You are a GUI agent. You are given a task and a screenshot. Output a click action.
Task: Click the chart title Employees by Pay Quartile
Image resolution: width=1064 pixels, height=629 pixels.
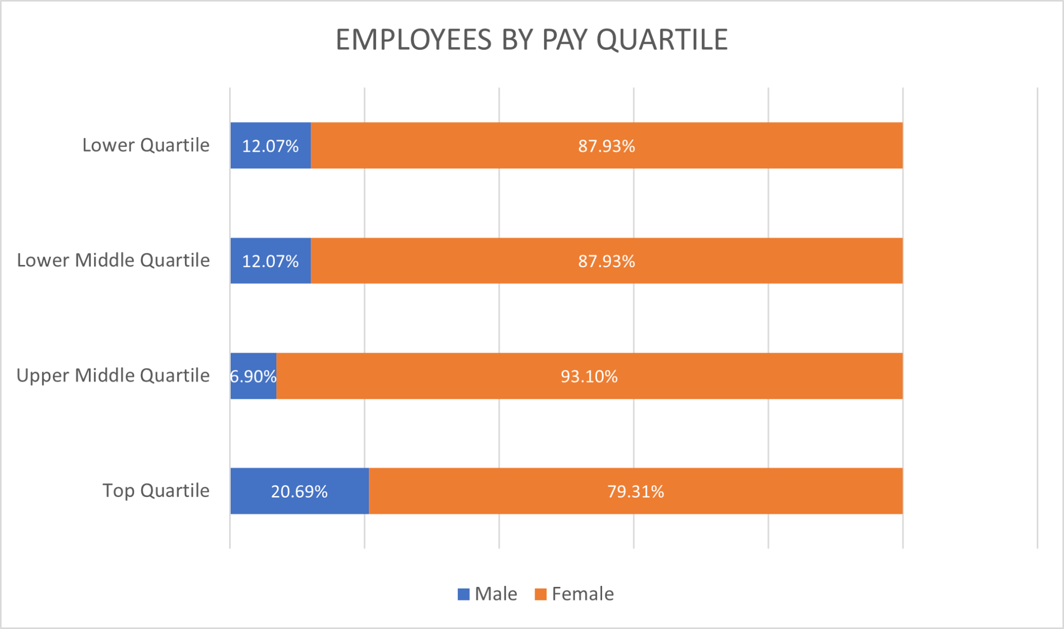click(x=531, y=39)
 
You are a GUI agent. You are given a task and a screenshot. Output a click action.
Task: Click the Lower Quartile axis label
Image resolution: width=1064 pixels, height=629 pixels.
click(x=146, y=145)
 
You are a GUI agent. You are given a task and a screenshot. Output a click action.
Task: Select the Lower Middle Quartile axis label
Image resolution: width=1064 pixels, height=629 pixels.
click(x=113, y=260)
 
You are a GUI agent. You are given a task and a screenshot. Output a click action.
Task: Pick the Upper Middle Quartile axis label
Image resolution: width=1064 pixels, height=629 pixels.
click(x=113, y=376)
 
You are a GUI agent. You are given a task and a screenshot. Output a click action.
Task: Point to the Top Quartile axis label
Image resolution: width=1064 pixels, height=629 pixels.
click(x=156, y=490)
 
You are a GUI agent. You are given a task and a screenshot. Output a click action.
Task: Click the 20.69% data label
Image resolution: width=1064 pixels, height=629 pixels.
click(x=299, y=491)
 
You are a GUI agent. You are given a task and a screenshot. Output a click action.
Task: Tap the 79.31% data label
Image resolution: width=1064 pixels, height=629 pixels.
click(x=635, y=491)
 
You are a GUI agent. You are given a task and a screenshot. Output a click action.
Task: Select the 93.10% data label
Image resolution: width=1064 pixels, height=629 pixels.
click(x=589, y=376)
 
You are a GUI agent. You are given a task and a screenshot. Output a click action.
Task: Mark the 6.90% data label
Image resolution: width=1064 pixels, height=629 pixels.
click(x=253, y=376)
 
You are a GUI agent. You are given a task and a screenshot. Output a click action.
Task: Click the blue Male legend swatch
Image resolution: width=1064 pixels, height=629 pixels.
click(x=463, y=594)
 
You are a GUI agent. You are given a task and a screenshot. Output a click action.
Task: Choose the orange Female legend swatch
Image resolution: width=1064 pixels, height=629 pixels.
click(x=540, y=594)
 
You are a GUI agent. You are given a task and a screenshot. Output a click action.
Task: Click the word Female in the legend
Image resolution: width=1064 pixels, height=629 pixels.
click(x=582, y=594)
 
